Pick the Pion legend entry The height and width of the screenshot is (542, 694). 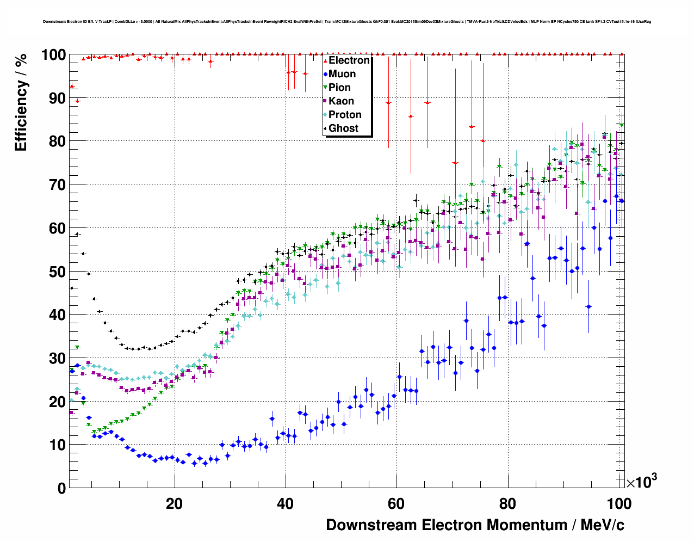[x=339, y=88]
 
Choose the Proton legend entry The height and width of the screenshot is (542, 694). [x=344, y=115]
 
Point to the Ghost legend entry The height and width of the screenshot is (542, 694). [x=343, y=128]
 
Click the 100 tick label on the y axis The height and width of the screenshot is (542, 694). [x=53, y=55]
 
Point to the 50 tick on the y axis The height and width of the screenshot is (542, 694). [x=58, y=272]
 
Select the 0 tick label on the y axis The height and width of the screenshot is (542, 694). [x=62, y=488]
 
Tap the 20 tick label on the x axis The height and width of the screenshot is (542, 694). [x=174, y=503]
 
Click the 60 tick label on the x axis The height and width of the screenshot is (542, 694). [x=396, y=503]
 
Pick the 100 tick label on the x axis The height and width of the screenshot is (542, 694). [x=618, y=503]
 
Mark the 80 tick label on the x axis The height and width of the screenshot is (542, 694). [x=507, y=503]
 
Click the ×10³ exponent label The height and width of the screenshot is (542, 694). [x=641, y=482]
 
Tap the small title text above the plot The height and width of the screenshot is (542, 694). [x=346, y=22]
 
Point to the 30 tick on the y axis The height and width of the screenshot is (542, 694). [x=58, y=358]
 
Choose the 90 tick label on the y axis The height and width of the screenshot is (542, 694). [x=58, y=98]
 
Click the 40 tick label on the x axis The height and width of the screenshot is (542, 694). [x=285, y=503]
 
